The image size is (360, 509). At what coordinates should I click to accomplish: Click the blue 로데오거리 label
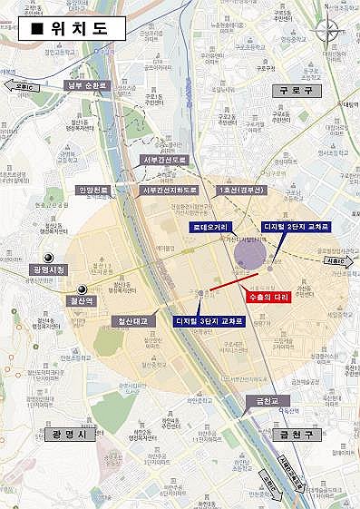point(208,225)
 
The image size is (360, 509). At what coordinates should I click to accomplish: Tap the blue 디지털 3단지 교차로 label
point(209,320)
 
